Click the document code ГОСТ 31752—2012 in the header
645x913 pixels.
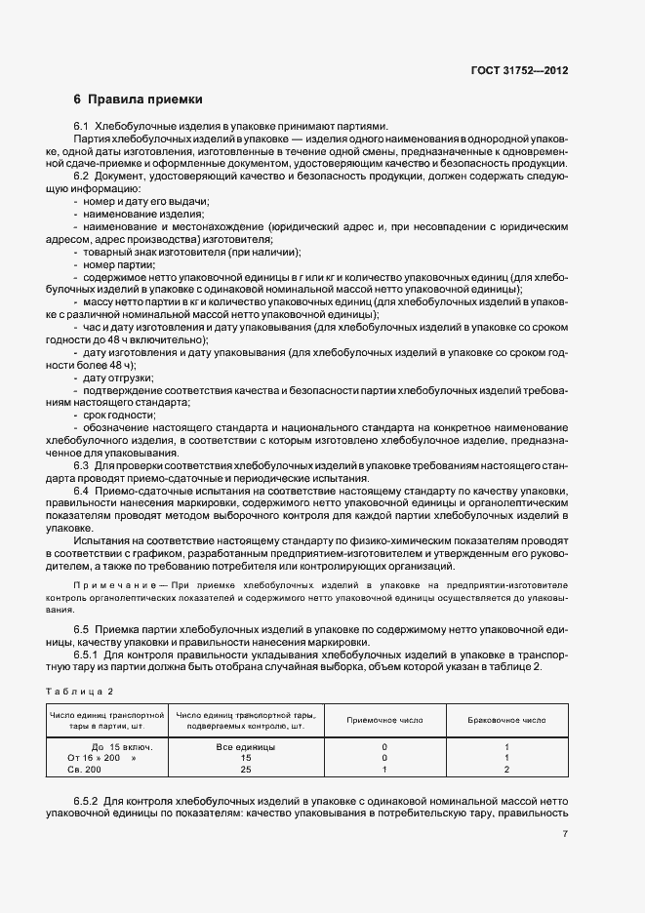click(x=519, y=71)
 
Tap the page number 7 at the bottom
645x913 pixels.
click(x=565, y=833)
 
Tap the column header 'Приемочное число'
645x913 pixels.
click(x=384, y=720)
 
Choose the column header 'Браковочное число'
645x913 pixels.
click(x=507, y=720)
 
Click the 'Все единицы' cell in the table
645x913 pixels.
click(x=246, y=746)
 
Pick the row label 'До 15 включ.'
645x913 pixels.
click(x=115, y=746)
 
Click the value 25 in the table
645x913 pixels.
click(x=246, y=770)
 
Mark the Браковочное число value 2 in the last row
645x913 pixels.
click(x=507, y=770)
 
